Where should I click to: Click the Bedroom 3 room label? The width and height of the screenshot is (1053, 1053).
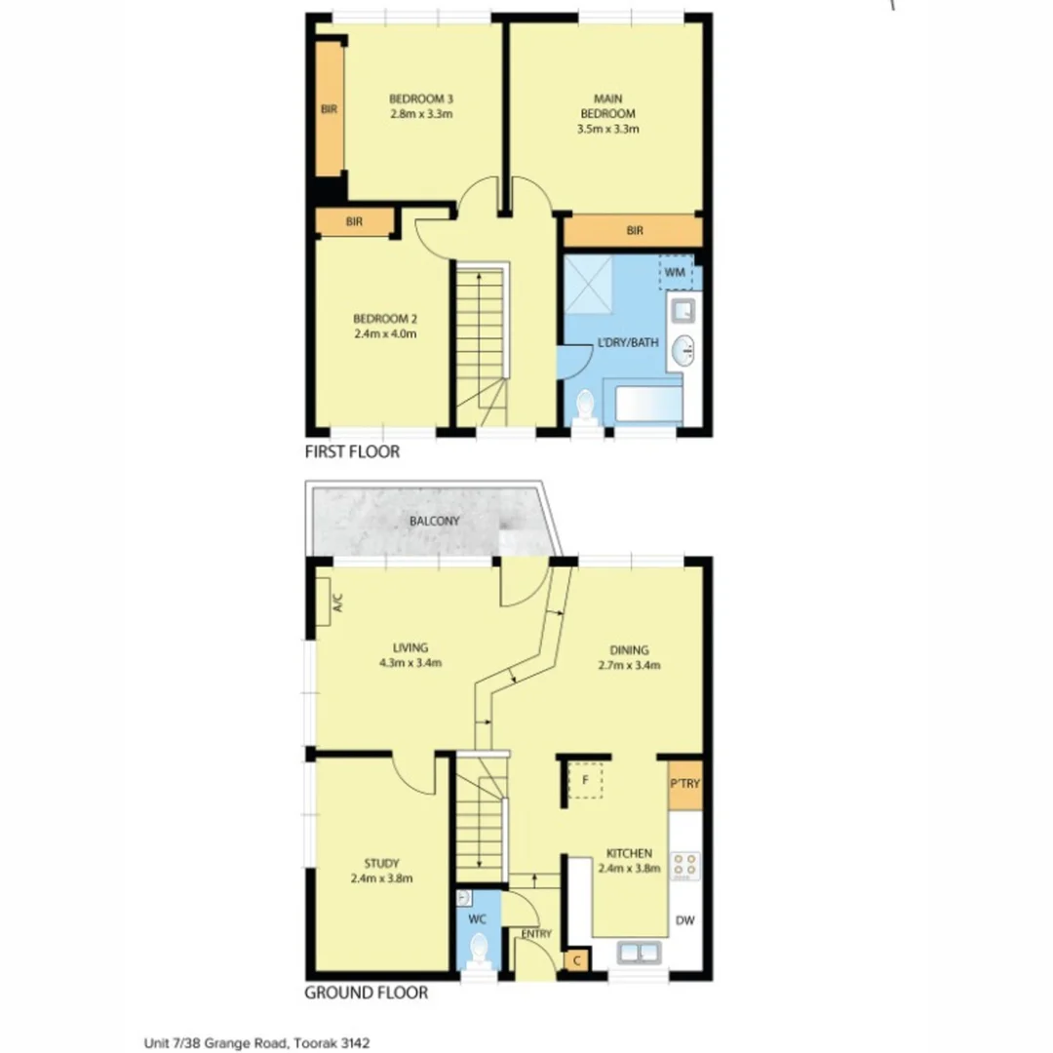point(421,98)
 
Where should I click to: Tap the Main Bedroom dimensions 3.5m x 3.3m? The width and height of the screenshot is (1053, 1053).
point(608,129)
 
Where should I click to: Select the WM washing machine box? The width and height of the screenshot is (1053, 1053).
point(676,272)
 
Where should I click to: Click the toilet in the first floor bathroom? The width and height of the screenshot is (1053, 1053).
point(586,404)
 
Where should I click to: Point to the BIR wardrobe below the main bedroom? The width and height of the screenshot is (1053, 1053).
point(634,231)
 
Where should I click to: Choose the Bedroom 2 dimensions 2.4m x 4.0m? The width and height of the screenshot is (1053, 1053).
point(384,333)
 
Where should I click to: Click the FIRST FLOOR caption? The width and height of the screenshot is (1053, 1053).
point(352,452)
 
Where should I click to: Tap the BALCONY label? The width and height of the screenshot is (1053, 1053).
point(434,522)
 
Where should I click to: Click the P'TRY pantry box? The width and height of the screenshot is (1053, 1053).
point(685,784)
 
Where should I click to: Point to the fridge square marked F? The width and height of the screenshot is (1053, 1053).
point(585,781)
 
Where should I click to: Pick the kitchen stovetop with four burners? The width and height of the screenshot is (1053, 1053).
point(685,864)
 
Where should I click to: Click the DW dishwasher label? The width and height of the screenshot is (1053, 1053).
point(685,919)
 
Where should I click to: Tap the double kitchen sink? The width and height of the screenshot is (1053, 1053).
point(636,952)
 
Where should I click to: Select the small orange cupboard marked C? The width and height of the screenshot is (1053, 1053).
point(577,960)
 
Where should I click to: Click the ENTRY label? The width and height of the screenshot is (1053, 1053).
point(536,934)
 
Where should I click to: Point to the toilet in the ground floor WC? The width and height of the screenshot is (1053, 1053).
point(478,948)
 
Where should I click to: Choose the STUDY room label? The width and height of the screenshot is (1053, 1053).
point(381,862)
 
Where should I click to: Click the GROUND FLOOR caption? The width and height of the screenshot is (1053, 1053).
point(367,994)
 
